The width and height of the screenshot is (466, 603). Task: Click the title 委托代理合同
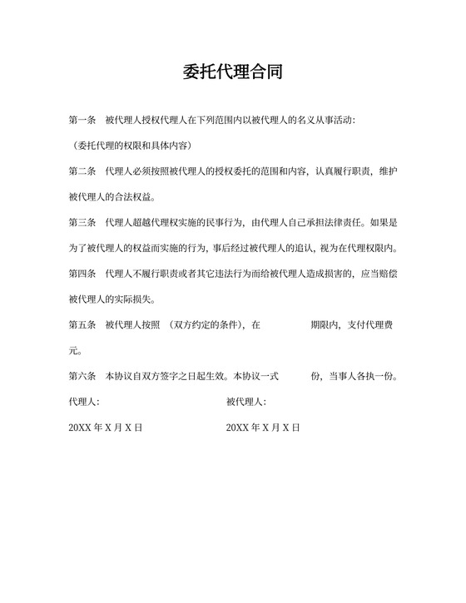coord(232,72)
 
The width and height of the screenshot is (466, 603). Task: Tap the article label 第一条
coord(82,121)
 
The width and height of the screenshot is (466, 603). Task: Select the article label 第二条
coord(82,172)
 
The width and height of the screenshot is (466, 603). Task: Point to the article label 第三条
coord(82,223)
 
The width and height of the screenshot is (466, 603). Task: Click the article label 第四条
coord(82,274)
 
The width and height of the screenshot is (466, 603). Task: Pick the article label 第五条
coord(82,325)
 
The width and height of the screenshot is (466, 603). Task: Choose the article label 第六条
coord(82,376)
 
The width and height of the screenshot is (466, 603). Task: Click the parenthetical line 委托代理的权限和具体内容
coord(133,146)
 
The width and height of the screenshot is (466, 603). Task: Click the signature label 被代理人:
coord(246,402)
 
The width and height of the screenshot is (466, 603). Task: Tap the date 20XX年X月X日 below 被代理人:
coord(263,428)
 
